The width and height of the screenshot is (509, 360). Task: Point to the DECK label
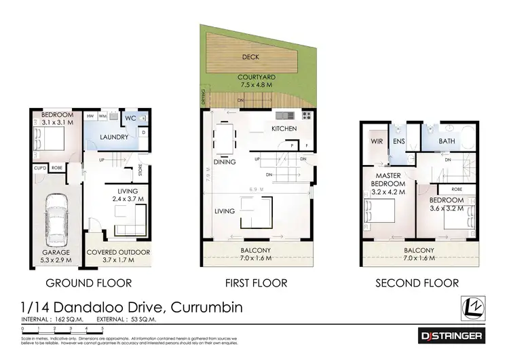click(250, 57)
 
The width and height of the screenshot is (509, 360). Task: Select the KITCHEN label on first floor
click(284, 128)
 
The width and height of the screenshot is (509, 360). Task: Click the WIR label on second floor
click(377, 141)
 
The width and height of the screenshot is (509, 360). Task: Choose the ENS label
click(399, 141)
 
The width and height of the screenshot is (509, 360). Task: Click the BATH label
click(447, 141)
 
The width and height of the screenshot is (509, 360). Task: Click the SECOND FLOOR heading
click(417, 283)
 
